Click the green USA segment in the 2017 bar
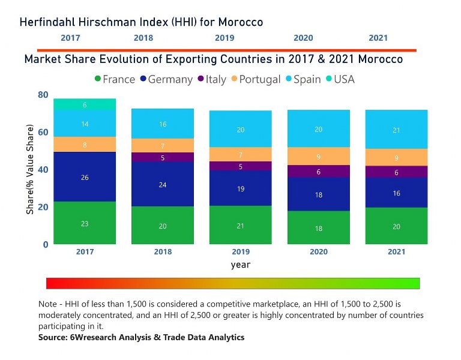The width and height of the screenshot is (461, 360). point(85,104)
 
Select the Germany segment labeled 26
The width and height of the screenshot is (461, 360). point(85,177)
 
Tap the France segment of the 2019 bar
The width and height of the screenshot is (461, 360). point(240,225)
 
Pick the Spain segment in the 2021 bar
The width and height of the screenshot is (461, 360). point(396,130)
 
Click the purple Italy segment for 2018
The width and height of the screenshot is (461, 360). point(162,157)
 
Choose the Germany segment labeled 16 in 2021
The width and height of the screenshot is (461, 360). point(396,193)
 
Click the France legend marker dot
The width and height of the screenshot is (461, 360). point(98,79)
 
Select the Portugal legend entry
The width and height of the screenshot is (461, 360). point(255,79)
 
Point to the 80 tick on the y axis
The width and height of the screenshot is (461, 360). point(43,95)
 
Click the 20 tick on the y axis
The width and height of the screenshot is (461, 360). point(43,207)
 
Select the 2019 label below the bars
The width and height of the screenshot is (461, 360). point(240,251)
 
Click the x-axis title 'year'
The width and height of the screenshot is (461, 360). point(240,265)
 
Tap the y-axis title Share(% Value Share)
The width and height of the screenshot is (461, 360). point(30,170)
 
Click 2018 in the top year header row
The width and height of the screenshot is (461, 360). point(143,38)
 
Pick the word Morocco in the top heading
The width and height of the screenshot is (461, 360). point(240,22)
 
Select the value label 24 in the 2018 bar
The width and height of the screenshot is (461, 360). point(162,185)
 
